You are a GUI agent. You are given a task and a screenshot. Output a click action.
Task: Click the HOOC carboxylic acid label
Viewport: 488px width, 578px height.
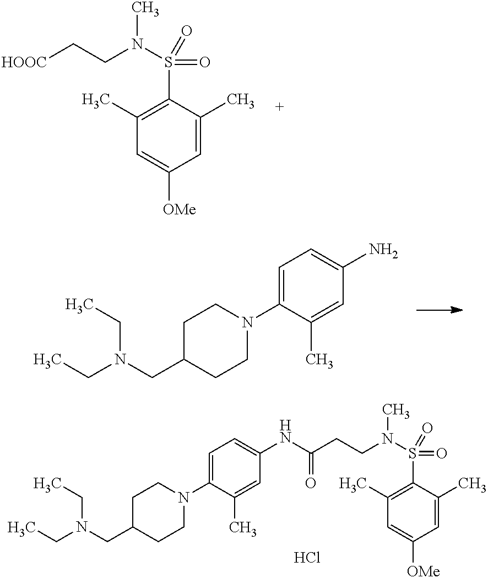[x=24, y=63]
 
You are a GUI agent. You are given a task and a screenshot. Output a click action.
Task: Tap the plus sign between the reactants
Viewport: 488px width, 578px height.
[x=280, y=107]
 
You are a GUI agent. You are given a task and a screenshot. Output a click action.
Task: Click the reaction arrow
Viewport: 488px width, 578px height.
[x=438, y=310]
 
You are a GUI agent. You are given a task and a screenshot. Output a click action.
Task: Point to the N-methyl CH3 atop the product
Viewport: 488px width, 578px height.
[x=398, y=410]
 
